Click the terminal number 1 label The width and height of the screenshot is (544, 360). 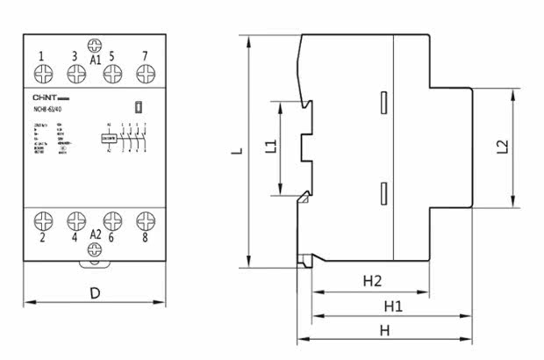point(41,57)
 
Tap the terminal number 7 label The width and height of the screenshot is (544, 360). point(146,57)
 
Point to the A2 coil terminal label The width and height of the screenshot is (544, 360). point(95,235)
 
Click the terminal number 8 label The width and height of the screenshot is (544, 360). point(146,237)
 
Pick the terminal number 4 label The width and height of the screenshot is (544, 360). point(75,237)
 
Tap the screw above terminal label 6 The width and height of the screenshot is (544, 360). point(111,220)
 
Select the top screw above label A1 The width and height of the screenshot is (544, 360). point(95,45)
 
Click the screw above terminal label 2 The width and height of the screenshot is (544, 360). point(41,220)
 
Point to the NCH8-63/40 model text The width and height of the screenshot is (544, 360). point(47,109)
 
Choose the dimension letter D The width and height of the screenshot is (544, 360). point(95,293)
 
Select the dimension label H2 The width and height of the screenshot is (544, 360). point(373,281)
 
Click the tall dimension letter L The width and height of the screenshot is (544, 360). point(236,150)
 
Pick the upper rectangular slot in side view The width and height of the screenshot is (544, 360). point(383,103)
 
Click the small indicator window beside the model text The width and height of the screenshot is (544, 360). point(140,108)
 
